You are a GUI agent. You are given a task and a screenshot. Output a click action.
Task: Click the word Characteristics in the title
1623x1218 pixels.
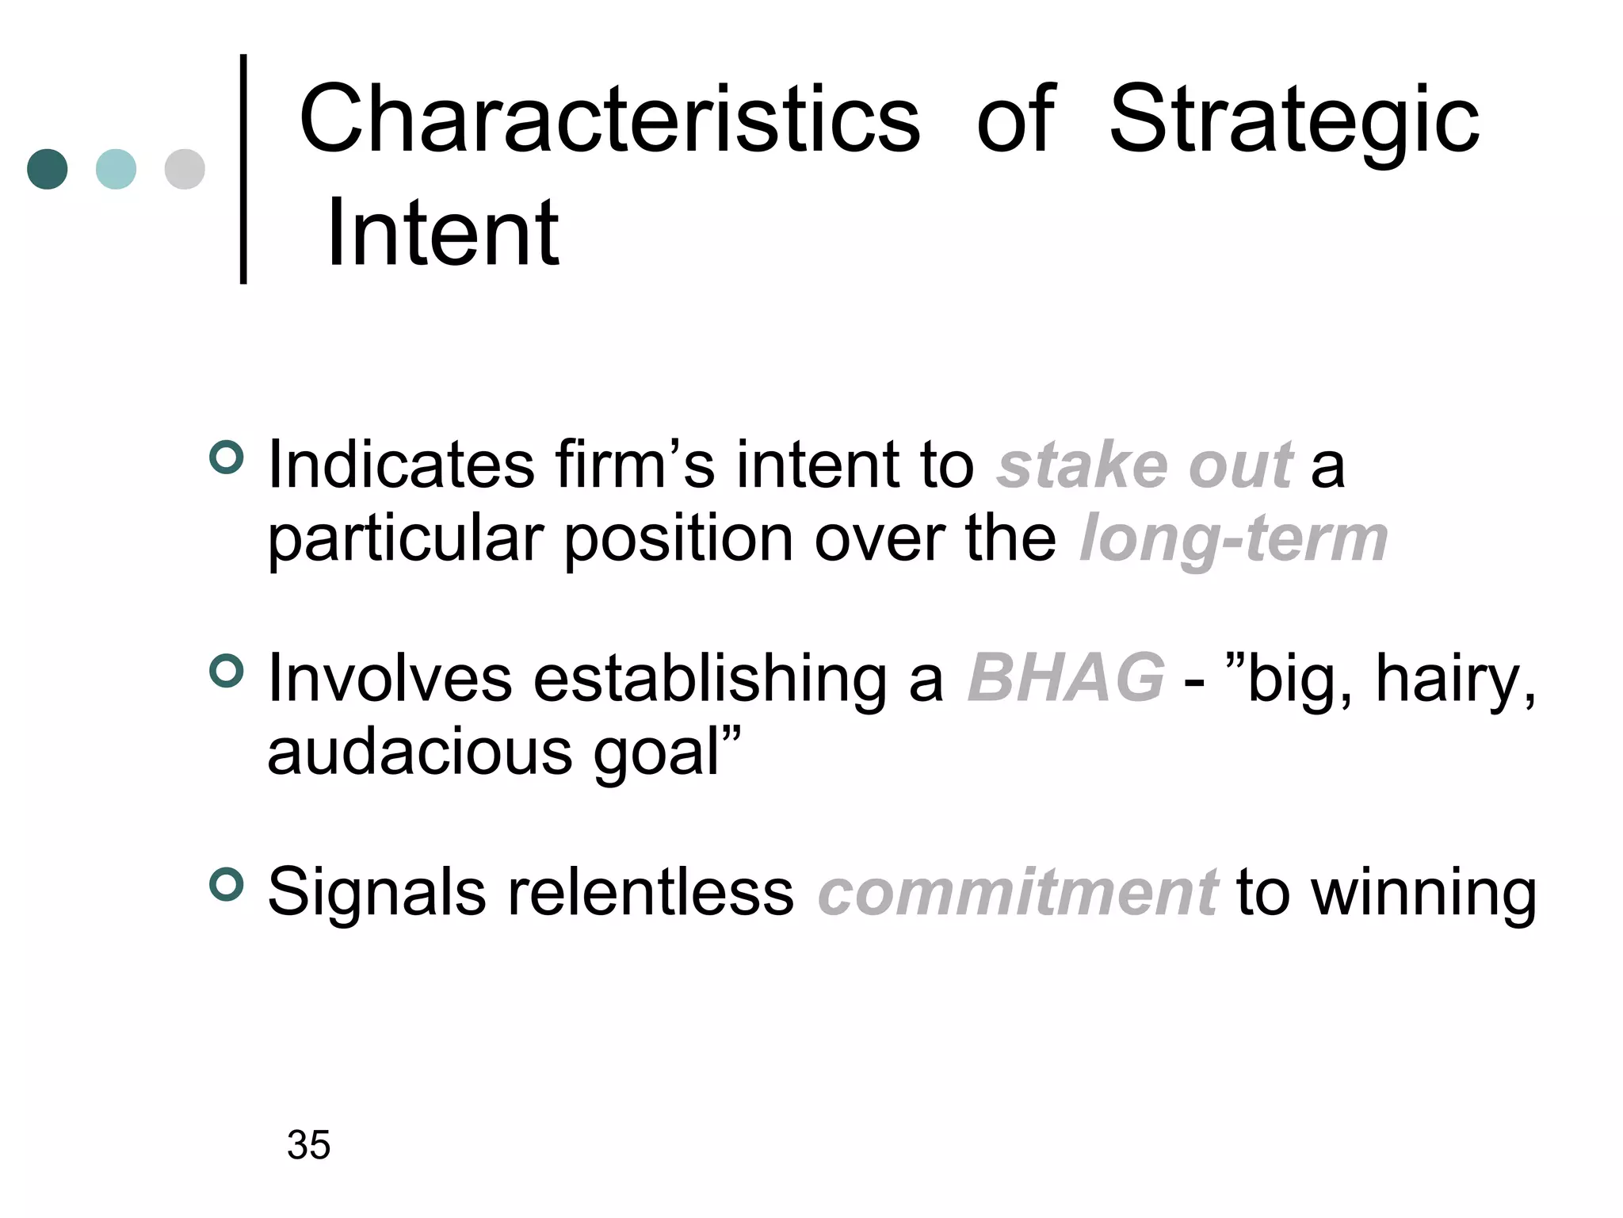609,120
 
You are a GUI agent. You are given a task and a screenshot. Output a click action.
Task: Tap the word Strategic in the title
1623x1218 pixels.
1293,121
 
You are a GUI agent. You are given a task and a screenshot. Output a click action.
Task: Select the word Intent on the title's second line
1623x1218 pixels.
442,233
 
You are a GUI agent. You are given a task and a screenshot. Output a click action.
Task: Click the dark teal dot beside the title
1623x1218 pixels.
48,169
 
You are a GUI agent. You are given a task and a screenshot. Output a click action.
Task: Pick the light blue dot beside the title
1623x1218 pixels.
116,169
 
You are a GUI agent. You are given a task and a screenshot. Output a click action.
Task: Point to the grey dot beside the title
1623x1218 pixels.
185,169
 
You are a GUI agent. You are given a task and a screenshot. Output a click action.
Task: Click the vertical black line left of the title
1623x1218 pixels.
243,169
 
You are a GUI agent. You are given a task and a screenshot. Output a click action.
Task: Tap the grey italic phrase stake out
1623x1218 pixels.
1144,465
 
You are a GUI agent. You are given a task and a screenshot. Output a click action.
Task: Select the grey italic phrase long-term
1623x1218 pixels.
1233,539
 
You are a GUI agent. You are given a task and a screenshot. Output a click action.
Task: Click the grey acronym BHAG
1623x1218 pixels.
1066,678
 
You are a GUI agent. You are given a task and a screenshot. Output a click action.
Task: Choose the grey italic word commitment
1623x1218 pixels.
1017,892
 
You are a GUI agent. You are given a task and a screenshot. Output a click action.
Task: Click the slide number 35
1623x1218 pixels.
308,1145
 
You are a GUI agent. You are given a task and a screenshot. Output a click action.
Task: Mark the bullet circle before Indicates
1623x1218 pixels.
227,458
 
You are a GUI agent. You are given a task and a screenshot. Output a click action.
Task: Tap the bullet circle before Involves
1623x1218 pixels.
227,671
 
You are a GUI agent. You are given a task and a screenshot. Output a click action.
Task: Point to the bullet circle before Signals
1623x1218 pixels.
227,885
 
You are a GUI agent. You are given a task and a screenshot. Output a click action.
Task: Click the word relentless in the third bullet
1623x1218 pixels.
650,892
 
